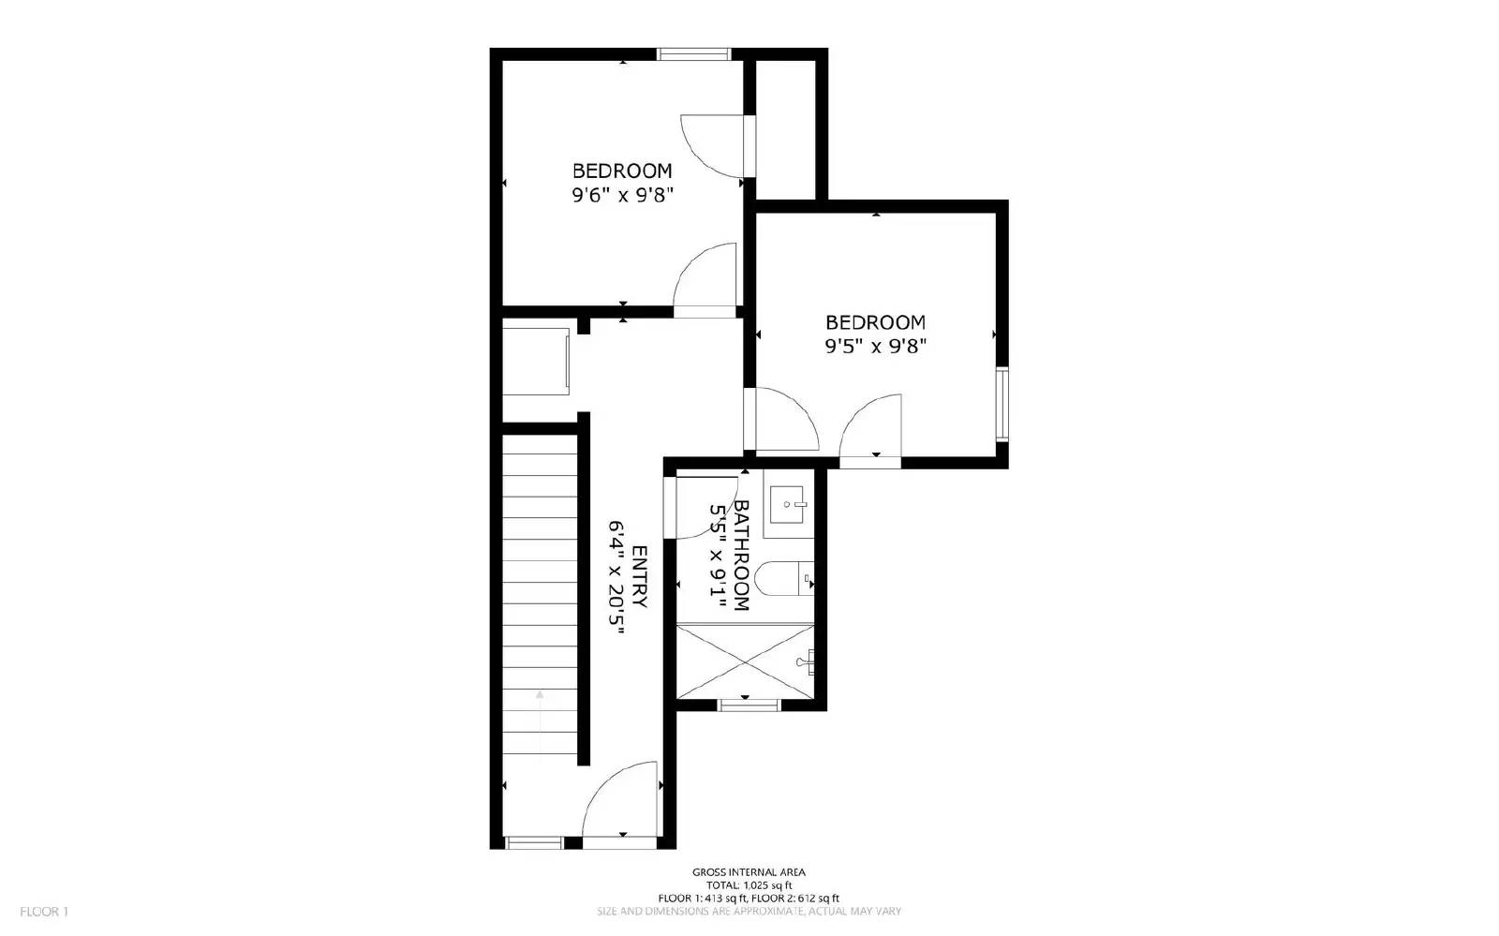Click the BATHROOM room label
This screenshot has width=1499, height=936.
741,555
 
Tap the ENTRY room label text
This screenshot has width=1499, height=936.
640,576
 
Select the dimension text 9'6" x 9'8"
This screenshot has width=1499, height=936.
623,195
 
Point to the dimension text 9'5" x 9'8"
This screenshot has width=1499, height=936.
875,346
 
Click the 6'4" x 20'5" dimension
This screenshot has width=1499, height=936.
616,580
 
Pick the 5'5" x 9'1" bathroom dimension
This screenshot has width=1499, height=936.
719,557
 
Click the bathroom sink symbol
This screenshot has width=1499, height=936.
787,506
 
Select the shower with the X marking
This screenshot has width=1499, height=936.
746,661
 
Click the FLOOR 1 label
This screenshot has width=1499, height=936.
44,912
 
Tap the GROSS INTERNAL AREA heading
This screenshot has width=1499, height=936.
749,872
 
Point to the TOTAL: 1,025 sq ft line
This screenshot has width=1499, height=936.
749,885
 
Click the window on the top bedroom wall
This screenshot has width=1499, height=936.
693,54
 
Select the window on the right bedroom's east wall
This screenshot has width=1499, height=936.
1002,405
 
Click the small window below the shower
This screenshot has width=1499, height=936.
749,706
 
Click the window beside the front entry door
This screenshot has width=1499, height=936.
534,843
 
